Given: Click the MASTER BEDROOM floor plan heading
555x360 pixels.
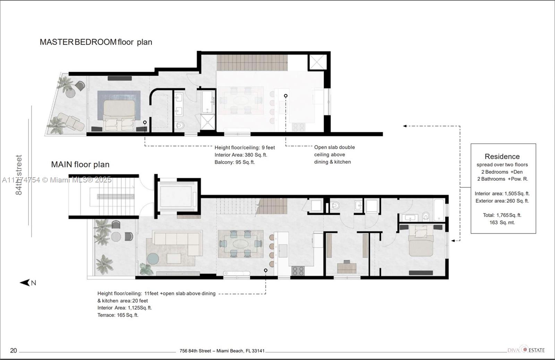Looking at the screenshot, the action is tap(96, 42).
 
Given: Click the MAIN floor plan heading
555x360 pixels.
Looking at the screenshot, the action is tap(80, 164).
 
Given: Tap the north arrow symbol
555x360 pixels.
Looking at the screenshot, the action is tap(28, 283).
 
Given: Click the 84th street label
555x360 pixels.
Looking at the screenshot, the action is tap(19, 175).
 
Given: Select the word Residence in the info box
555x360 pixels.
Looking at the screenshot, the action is tap(502, 156).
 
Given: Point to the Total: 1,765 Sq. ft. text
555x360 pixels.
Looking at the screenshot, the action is tap(502, 215).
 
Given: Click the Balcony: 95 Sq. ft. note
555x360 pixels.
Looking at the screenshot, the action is tap(234, 162).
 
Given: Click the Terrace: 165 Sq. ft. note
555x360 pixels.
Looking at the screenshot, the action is tap(118, 315).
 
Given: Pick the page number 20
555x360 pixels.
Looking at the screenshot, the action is tap(14, 351).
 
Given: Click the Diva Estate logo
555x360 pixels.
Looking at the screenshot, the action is tap(526, 350).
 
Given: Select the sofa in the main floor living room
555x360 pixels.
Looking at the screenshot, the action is tap(177, 243).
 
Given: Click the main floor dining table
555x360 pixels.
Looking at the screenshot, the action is tap(240, 244).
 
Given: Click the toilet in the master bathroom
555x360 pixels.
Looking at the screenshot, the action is tap(179, 126).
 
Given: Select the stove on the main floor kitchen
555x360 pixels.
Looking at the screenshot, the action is tap(298, 271).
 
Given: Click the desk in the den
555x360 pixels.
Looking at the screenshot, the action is tap(347, 268).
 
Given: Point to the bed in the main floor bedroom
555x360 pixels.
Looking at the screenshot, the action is tap(421, 241).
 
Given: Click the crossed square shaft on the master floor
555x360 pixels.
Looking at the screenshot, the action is tap(317, 62).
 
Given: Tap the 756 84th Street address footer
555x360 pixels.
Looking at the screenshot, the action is tap(222, 351).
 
